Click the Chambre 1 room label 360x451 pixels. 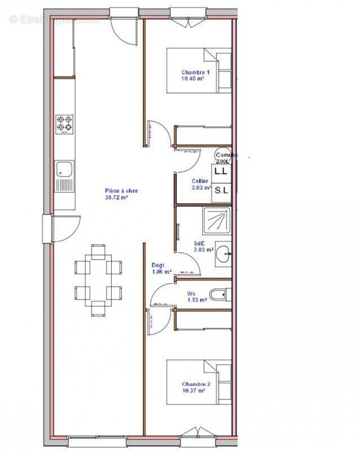(x=195, y=72)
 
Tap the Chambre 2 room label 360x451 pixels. (x=195, y=383)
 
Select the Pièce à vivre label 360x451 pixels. (x=121, y=191)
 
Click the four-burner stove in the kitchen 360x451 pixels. (x=65, y=124)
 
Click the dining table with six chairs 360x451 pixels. (x=98, y=280)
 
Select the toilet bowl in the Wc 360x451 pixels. (x=218, y=294)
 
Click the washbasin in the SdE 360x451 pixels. (x=225, y=254)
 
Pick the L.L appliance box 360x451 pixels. (x=221, y=170)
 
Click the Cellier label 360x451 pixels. (x=200, y=181)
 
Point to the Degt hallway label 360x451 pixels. (x=158, y=265)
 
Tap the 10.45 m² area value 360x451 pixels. (x=192, y=79)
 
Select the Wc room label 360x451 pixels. (x=192, y=294)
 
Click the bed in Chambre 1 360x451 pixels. (x=198, y=70)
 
